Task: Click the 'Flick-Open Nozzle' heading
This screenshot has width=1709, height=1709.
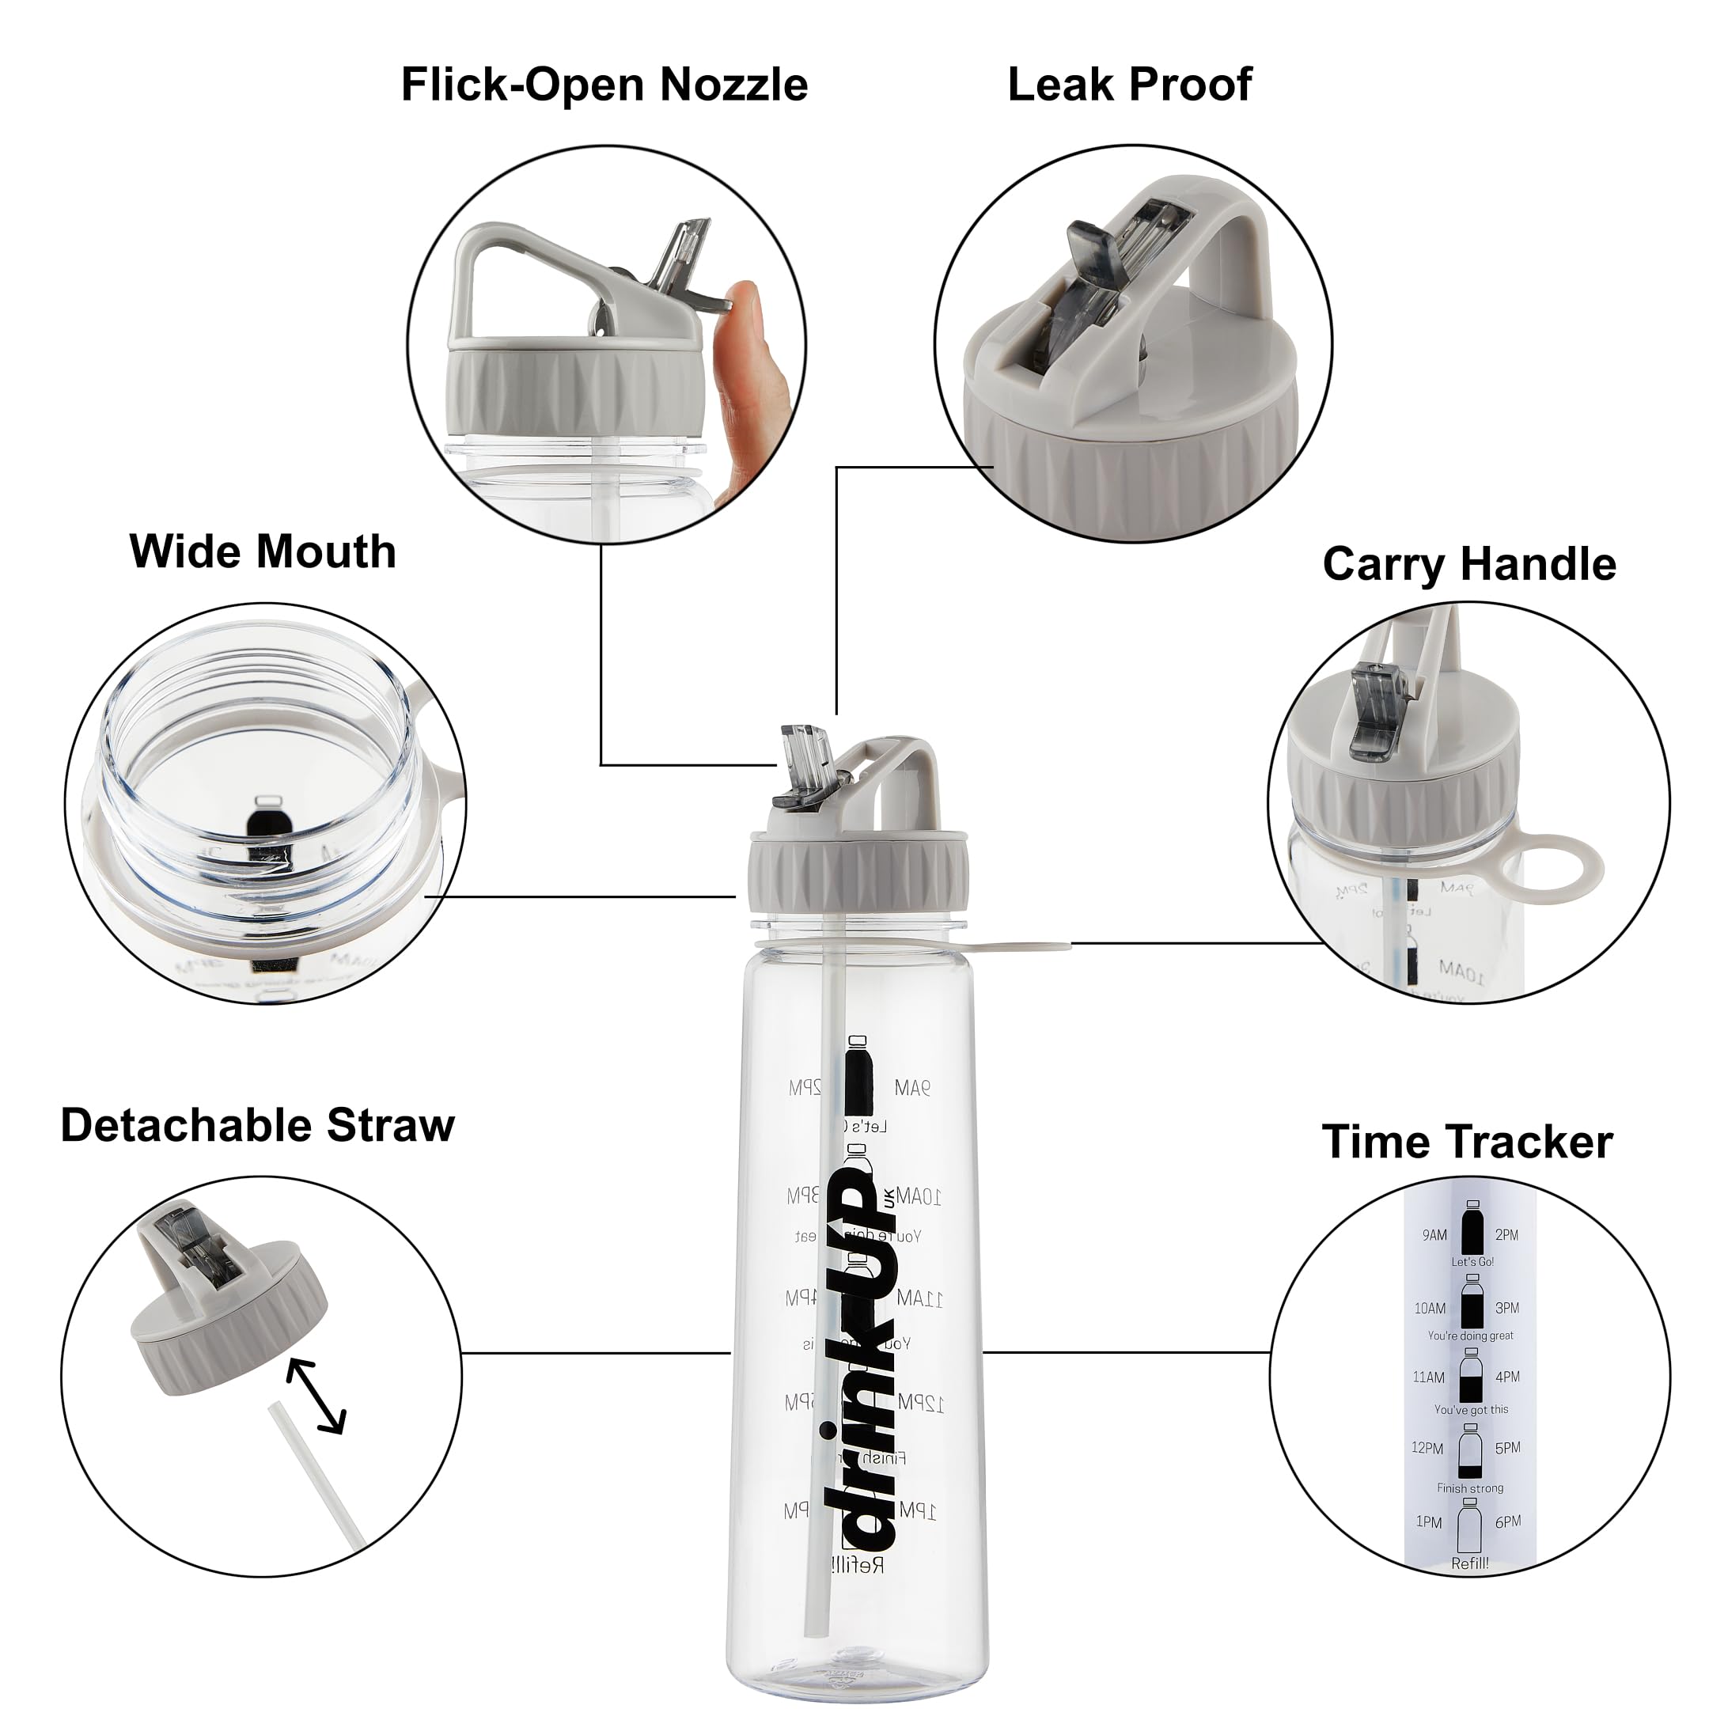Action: pos(604,85)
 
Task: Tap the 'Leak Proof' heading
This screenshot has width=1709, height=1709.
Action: pos(1130,85)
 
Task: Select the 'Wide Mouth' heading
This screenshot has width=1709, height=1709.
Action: pos(263,552)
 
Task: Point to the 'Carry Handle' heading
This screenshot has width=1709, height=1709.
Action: pos(1469,564)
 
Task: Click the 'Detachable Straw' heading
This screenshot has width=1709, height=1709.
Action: pos(257,1126)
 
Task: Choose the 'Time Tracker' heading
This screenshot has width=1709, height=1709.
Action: pos(1468,1142)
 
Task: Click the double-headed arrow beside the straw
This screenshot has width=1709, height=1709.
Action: pos(316,1396)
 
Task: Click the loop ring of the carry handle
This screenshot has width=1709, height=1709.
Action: pos(1550,867)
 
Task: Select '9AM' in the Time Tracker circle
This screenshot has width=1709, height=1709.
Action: pos(1434,1236)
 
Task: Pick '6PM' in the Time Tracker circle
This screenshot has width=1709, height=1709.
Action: pos(1508,1522)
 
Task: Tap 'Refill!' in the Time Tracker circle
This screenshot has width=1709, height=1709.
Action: pos(1470,1564)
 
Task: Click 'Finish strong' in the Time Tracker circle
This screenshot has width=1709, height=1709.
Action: pos(1470,1489)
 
